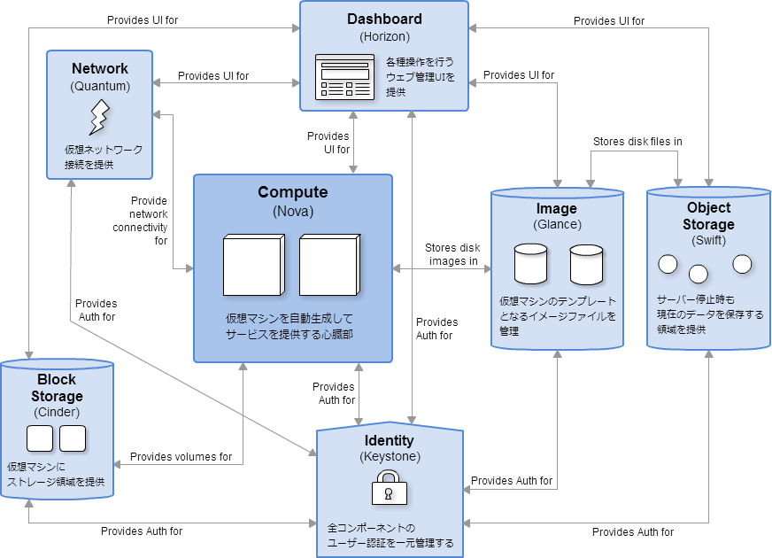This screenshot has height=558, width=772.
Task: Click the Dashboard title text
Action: (384, 19)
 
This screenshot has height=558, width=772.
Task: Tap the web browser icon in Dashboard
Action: (346, 77)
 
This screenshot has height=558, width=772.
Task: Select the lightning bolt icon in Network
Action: (99, 117)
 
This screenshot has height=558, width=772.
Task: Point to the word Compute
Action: (292, 192)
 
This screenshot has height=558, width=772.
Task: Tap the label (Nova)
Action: (292, 212)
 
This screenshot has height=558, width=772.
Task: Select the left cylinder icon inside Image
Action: (531, 264)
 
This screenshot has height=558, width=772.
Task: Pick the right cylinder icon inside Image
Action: (586, 264)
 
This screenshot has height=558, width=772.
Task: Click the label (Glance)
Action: (556, 225)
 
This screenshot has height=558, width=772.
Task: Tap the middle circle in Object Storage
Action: (699, 273)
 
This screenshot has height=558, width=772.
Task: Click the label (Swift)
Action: (708, 241)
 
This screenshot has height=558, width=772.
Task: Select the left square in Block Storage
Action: (40, 438)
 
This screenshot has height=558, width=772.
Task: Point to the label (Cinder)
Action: (57, 412)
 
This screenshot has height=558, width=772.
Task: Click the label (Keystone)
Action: (390, 457)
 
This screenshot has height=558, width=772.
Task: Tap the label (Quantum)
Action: (99, 86)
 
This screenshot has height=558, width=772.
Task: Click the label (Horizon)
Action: (384, 36)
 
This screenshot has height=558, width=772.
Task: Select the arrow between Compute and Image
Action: (442, 268)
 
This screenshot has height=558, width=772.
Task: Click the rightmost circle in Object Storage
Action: (742, 264)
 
